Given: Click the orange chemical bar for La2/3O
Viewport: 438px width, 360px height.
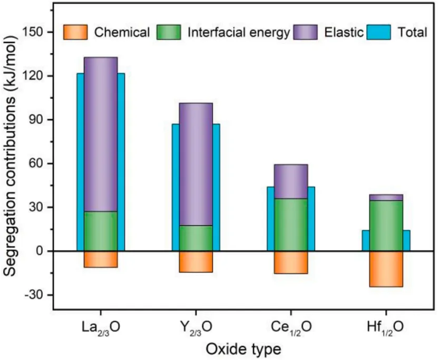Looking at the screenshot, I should (x=101, y=259).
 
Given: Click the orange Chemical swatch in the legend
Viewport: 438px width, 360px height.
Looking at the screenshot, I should (x=75, y=32).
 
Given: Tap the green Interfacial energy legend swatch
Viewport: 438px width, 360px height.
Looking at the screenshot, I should (x=169, y=32).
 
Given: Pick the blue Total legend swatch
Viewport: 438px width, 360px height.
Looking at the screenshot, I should (x=379, y=32).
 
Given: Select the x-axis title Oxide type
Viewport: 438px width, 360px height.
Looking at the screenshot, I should (x=243, y=349).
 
